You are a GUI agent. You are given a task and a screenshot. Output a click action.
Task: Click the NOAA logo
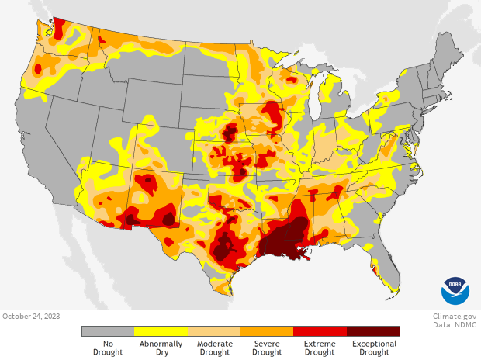(x=455, y=290)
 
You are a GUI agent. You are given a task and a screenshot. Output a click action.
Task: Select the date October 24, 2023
(x=30, y=316)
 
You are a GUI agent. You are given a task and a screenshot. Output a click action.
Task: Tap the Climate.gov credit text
(x=455, y=316)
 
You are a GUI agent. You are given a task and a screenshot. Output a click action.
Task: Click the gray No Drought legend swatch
(x=108, y=331)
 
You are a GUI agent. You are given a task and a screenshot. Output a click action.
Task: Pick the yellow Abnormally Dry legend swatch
(x=161, y=331)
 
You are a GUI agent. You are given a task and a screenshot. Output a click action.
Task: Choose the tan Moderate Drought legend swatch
(x=214, y=331)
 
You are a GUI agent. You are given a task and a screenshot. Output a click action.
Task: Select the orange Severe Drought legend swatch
(x=267, y=331)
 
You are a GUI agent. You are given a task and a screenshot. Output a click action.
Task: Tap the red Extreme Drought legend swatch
(x=320, y=331)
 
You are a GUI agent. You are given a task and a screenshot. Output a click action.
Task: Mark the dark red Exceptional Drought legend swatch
(x=373, y=331)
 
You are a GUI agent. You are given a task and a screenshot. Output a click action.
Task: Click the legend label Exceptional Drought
(x=373, y=348)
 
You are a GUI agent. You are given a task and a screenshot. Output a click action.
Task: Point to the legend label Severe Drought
(x=267, y=348)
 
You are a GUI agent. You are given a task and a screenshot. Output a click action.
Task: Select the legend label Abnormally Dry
(x=161, y=348)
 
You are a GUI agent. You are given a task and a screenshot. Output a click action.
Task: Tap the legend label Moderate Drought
(x=214, y=348)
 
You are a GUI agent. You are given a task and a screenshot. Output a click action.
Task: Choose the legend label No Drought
(x=108, y=348)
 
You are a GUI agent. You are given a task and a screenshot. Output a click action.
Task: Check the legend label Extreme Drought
(x=320, y=348)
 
